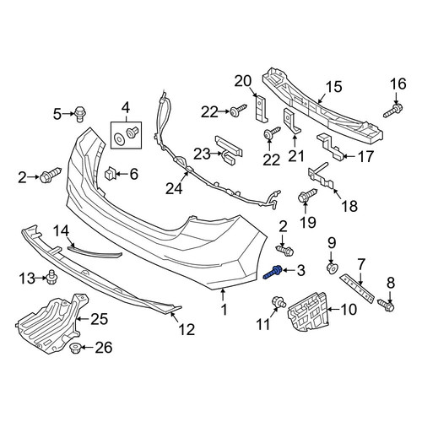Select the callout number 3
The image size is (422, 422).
pyautogui.click(x=300, y=270)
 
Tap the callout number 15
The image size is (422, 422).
pyautogui.click(x=334, y=87)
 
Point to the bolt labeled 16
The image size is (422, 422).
pyautogui.click(x=393, y=111)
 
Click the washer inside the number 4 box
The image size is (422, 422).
pyautogui.click(x=120, y=139)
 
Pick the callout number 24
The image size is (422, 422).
pyautogui.click(x=174, y=188)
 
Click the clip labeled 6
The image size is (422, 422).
pyautogui.click(x=110, y=173)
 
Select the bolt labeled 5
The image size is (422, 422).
pyautogui.click(x=80, y=114)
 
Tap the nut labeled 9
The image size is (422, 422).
pyautogui.click(x=333, y=268)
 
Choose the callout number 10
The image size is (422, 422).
pyautogui.click(x=349, y=310)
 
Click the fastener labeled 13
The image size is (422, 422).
pyautogui.click(x=51, y=277)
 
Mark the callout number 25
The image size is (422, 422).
pyautogui.click(x=99, y=319)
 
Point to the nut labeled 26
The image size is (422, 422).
pyautogui.click(x=75, y=349)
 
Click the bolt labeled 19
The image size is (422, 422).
pyautogui.click(x=307, y=196)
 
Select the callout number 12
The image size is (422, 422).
pyautogui.click(x=187, y=329)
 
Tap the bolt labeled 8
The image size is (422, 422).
pyautogui.click(x=386, y=305)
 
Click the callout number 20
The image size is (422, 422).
pyautogui.click(x=243, y=81)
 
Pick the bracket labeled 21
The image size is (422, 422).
pyautogui.click(x=291, y=120)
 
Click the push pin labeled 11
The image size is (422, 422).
pyautogui.click(x=279, y=302)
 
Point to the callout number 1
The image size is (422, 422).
pyautogui.click(x=224, y=310)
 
